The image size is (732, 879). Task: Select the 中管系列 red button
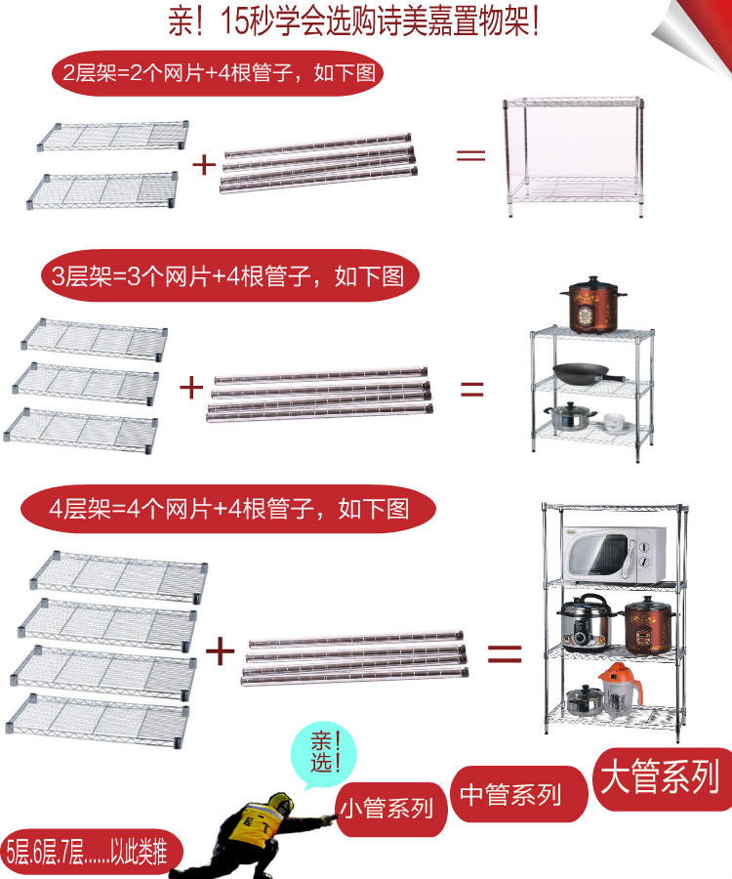point(510,794)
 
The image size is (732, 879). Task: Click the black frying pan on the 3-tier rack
point(584,372)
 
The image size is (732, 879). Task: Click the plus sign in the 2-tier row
point(203,163)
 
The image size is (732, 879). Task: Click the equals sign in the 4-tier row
point(504,651)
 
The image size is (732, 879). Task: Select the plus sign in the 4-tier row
point(221,649)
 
